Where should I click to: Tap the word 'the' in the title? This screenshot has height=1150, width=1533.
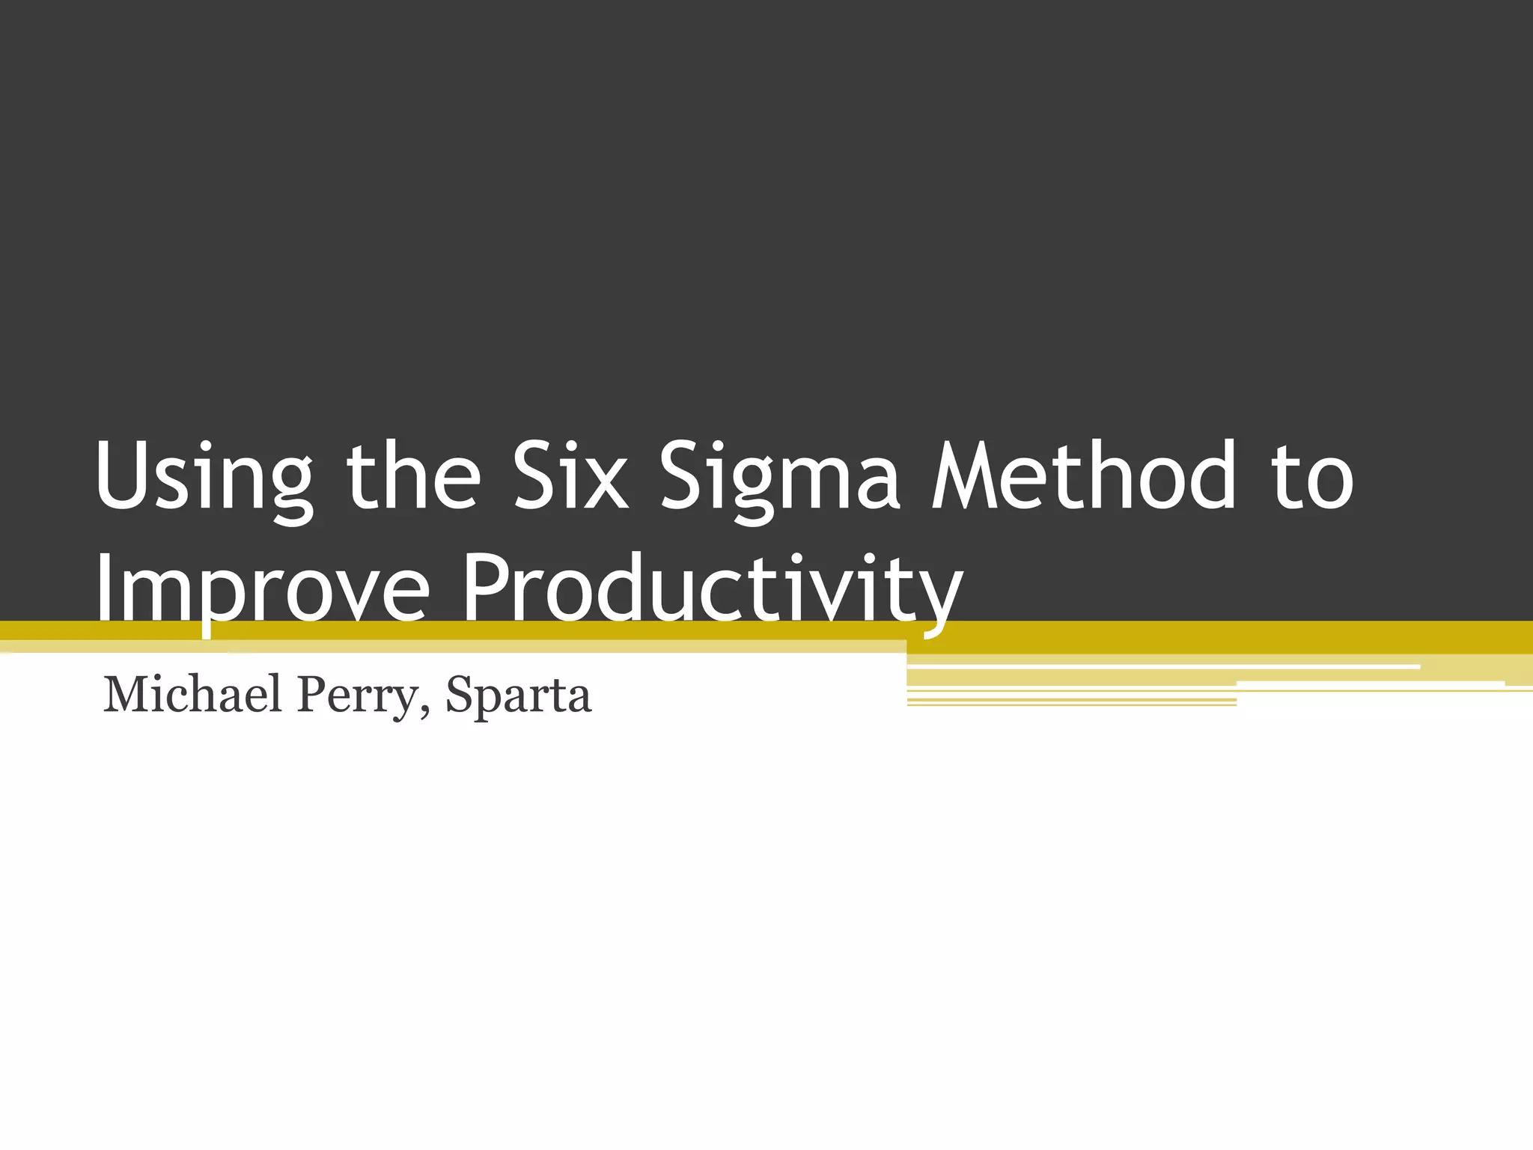point(413,477)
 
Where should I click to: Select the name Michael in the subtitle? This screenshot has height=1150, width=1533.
point(193,694)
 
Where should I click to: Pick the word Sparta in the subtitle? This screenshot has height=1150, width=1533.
point(518,694)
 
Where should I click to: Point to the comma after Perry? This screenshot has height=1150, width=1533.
point(425,710)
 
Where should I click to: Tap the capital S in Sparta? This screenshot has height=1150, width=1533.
point(458,694)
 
